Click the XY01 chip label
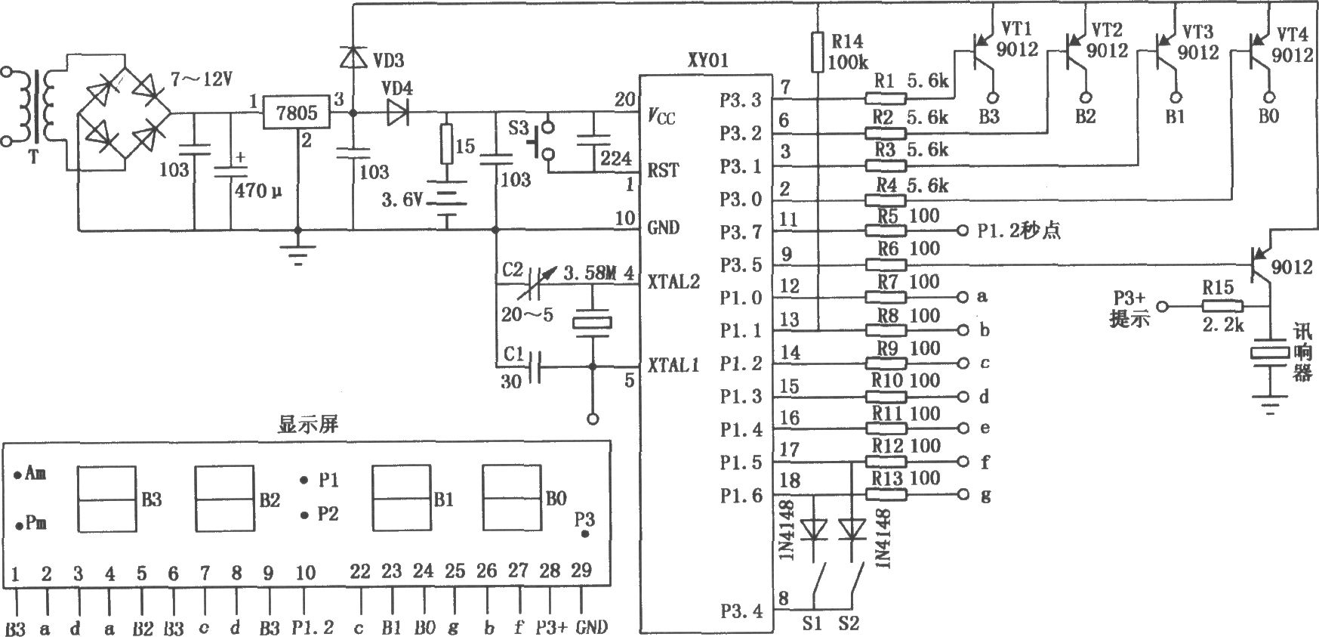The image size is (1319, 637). click(x=707, y=60)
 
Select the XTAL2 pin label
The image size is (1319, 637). click(x=673, y=282)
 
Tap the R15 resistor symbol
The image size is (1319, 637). click(x=1222, y=306)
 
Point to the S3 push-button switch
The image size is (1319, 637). click(x=544, y=139)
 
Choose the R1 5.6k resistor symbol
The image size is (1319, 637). click(x=886, y=97)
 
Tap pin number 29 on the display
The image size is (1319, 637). click(x=581, y=571)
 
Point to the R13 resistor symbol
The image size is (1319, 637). click(x=886, y=495)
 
